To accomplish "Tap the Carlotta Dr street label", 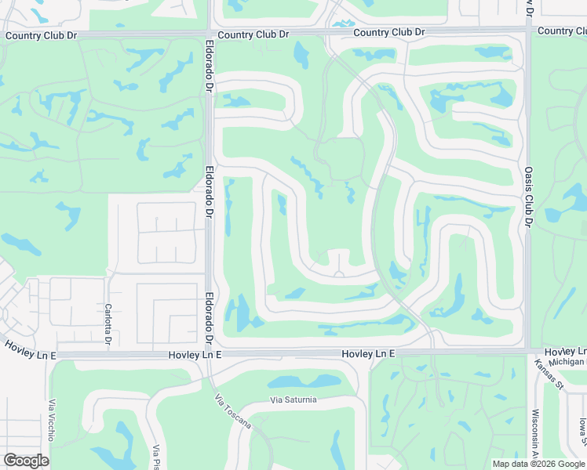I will click(x=108, y=324).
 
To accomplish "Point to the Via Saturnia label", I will click(x=293, y=399).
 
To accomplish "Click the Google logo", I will click(x=26, y=461).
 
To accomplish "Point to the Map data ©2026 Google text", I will click(x=538, y=464).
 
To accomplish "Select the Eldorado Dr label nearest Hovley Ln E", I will click(x=210, y=320).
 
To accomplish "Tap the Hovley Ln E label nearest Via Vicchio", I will click(x=30, y=350).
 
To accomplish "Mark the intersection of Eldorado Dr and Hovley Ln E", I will click(x=210, y=354).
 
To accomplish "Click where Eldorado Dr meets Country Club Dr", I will click(x=209, y=34).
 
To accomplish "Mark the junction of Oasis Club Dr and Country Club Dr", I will click(x=527, y=31).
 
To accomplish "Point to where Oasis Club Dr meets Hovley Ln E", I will click(x=527, y=352).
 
